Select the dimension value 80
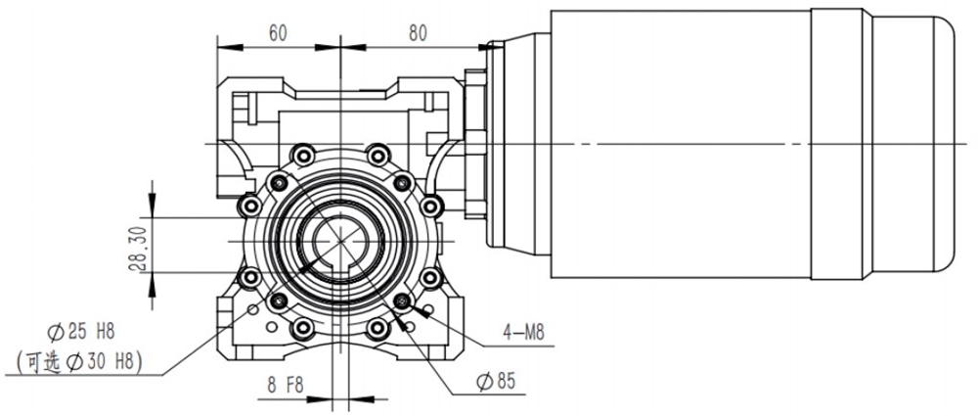pyautogui.click(x=418, y=32)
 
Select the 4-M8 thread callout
pyautogui.click(x=524, y=333)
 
